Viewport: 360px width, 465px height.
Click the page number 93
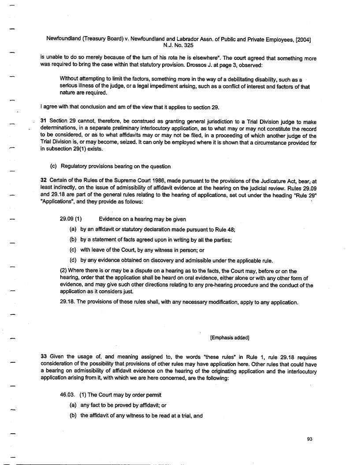[x=309, y=438]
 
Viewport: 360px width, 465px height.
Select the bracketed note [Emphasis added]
[x=230, y=338]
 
